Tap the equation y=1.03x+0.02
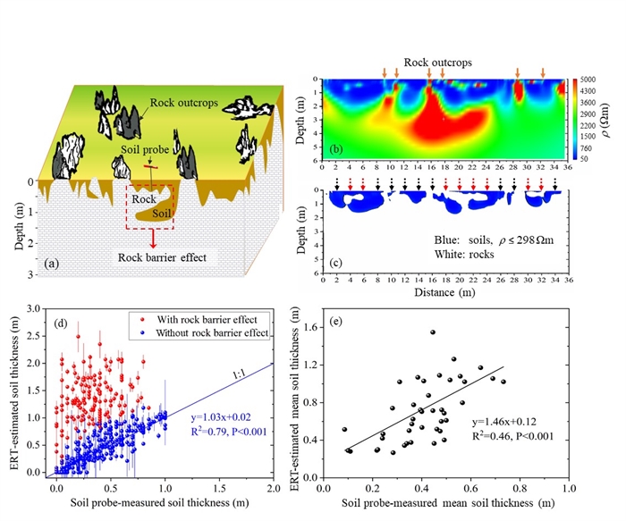pyautogui.click(x=220, y=416)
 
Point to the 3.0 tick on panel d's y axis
pyautogui.click(x=35, y=307)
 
